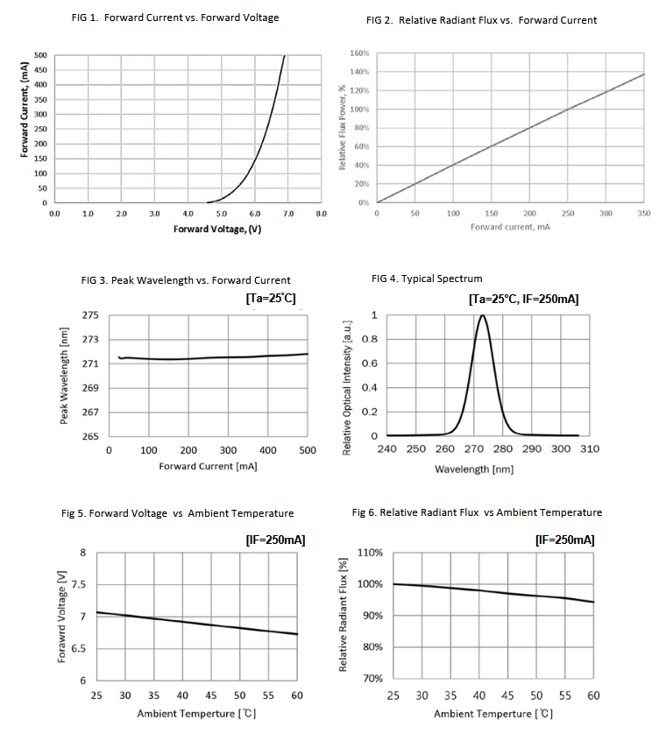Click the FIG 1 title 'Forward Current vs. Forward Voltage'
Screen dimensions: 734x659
pyautogui.click(x=175, y=18)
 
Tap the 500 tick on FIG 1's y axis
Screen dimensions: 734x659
pyautogui.click(x=40, y=55)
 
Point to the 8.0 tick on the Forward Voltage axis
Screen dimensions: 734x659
pyautogui.click(x=321, y=213)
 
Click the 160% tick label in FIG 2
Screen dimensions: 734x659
pyautogui.click(x=359, y=53)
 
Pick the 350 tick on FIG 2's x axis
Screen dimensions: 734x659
pyautogui.click(x=644, y=213)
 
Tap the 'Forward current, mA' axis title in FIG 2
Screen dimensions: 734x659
pyautogui.click(x=510, y=228)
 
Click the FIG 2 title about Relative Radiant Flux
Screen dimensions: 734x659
pyautogui.click(x=485, y=20)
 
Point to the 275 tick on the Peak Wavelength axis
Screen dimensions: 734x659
pyautogui.click(x=89, y=315)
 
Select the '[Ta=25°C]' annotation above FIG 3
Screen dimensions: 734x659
pyautogui.click(x=271, y=299)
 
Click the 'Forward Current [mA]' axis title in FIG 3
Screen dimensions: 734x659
pyautogui.click(x=208, y=465)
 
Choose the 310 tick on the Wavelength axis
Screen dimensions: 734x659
pyautogui.click(x=589, y=448)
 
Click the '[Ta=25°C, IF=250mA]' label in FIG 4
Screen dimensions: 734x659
pyautogui.click(x=524, y=300)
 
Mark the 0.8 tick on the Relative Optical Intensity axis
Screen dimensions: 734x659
pyautogui.click(x=372, y=339)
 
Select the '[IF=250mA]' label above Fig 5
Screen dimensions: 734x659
pyautogui.click(x=275, y=540)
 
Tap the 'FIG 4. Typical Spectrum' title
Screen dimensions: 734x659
pyautogui.click(x=427, y=279)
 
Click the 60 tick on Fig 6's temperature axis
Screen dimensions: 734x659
pyautogui.click(x=594, y=695)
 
